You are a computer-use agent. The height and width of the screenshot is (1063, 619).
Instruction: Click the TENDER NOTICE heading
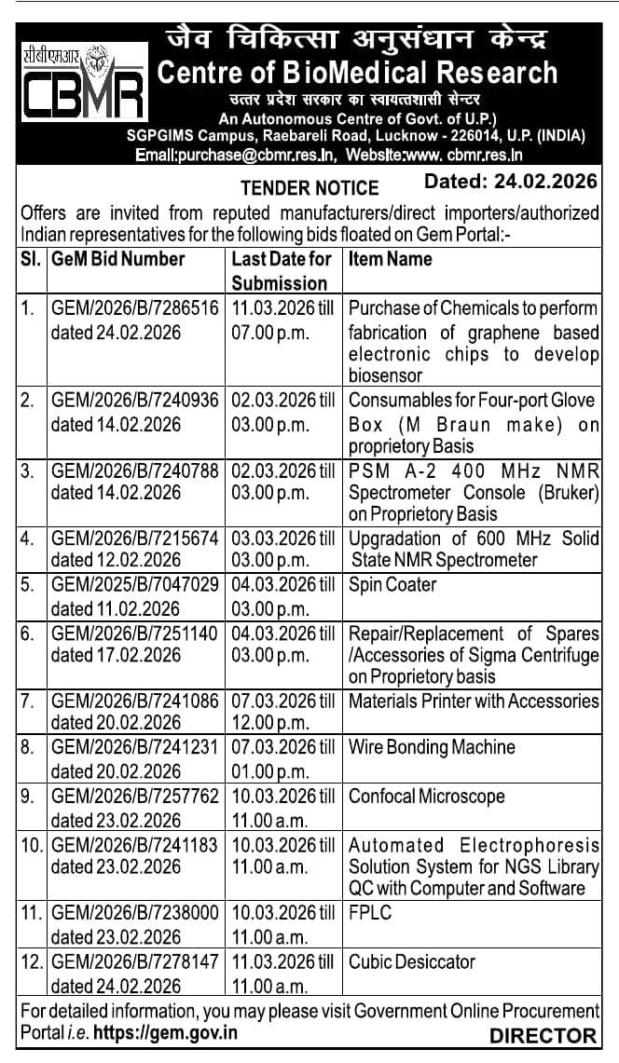click(x=309, y=187)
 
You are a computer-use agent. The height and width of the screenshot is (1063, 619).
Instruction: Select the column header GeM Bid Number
click(x=118, y=260)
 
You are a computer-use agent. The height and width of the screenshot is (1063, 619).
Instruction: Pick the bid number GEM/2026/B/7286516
click(x=135, y=307)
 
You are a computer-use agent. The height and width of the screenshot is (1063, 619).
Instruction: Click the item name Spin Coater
click(x=392, y=585)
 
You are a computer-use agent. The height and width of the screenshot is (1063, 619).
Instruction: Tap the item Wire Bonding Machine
click(x=432, y=747)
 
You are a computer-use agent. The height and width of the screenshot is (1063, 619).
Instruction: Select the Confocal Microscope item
click(x=427, y=797)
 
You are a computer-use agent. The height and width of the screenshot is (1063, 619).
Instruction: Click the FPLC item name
click(x=370, y=913)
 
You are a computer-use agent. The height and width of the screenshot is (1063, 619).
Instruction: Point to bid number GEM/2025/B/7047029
click(x=135, y=585)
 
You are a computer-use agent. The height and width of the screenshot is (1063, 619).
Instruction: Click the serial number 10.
click(x=32, y=845)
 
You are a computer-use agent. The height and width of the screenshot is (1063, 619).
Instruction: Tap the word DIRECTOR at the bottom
click(x=543, y=1035)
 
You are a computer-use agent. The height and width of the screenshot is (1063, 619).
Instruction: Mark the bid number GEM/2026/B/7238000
click(x=135, y=913)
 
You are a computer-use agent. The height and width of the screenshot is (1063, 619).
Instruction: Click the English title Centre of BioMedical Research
click(x=358, y=73)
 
